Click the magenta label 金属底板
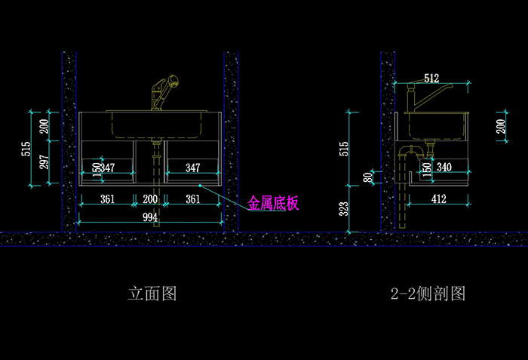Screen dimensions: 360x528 click(x=274, y=203)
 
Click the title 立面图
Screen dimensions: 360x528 click(x=152, y=294)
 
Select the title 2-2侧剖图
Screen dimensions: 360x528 click(x=428, y=294)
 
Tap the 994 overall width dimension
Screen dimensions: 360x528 click(x=151, y=217)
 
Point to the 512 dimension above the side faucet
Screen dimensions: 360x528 click(x=431, y=78)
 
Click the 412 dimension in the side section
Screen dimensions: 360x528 click(x=438, y=199)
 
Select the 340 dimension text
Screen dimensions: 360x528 click(x=445, y=167)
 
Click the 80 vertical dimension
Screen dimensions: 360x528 click(x=368, y=177)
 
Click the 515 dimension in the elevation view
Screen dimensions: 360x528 click(x=26, y=148)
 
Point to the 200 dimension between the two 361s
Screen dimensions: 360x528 click(x=151, y=199)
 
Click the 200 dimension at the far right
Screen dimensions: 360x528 click(x=501, y=126)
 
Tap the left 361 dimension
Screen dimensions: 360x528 click(x=107, y=199)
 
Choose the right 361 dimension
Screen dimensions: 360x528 click(x=192, y=199)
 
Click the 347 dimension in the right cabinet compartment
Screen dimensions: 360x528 click(x=193, y=167)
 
